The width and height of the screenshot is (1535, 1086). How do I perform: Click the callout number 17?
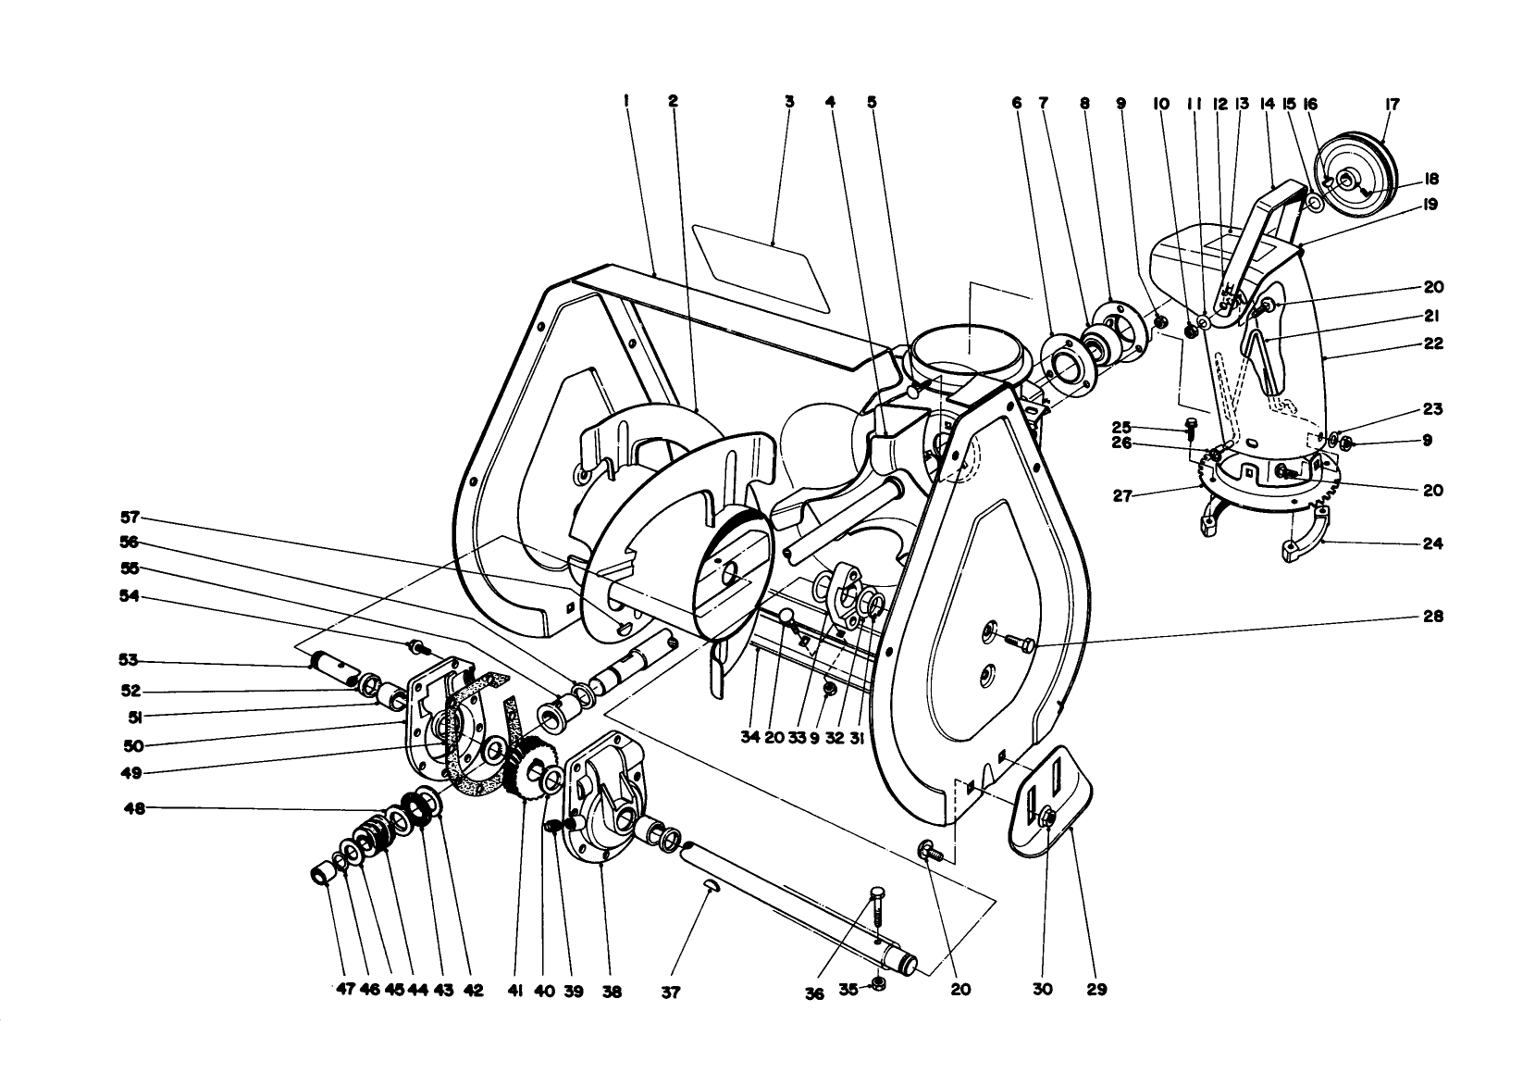coord(1393,105)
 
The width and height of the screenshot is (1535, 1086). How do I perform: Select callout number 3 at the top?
coord(789,103)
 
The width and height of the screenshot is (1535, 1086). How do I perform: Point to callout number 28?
coord(1432,616)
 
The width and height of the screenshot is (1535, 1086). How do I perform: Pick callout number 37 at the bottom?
coord(670,992)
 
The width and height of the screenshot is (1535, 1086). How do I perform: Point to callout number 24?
coord(1432,543)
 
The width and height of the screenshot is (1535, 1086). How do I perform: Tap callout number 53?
coord(128,660)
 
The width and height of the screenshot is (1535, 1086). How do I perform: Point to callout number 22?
coord(1432,343)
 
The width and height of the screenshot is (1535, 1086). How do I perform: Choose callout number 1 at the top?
coord(626,103)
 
